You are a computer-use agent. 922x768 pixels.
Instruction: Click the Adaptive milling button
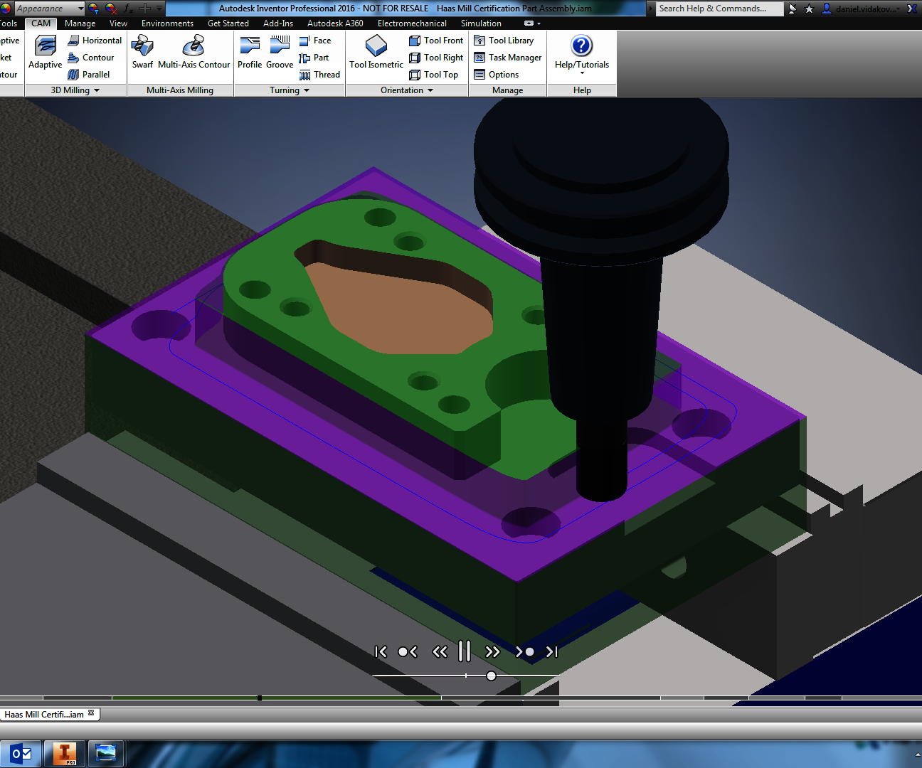coord(46,53)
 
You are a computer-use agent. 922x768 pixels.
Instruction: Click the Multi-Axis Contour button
coord(194,53)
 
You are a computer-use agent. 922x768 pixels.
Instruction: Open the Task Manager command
coord(508,58)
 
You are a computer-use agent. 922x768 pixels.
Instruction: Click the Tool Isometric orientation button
coord(376,53)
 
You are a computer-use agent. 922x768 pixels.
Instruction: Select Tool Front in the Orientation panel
coord(436,41)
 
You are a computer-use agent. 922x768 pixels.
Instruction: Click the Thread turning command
coord(319,75)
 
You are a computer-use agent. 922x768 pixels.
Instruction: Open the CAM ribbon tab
coord(41,23)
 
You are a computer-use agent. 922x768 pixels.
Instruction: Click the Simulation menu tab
coord(481,23)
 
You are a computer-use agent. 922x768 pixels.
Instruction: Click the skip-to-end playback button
coord(552,651)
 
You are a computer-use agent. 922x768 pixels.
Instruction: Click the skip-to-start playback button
coord(381,651)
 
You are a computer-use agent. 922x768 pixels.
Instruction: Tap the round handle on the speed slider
coord(491,676)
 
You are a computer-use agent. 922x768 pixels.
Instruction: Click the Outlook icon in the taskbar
coord(21,753)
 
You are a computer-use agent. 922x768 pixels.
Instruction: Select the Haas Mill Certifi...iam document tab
coord(44,715)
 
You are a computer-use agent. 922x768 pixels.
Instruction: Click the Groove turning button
coord(280,53)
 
